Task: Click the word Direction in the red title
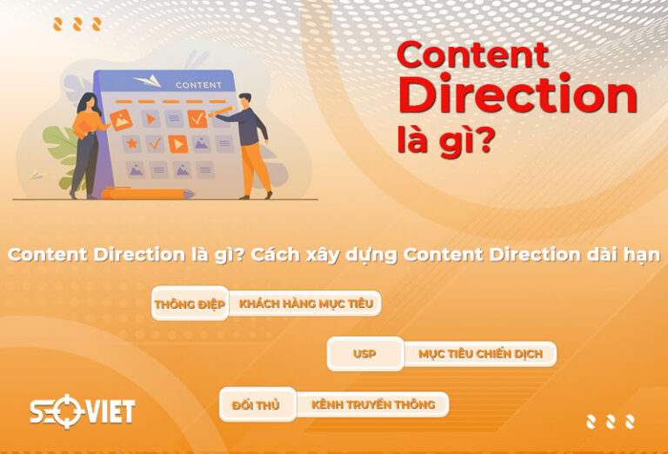click(518, 96)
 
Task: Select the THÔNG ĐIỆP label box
click(190, 304)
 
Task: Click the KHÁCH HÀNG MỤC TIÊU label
click(304, 304)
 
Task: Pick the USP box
click(364, 354)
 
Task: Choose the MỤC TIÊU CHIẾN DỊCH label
click(480, 354)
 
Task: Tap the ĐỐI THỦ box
click(257, 404)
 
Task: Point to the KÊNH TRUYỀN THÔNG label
click(373, 404)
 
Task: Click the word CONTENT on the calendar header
click(198, 85)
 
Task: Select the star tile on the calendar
click(131, 142)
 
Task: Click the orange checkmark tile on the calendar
click(197, 116)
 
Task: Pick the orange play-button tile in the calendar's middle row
click(177, 144)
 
